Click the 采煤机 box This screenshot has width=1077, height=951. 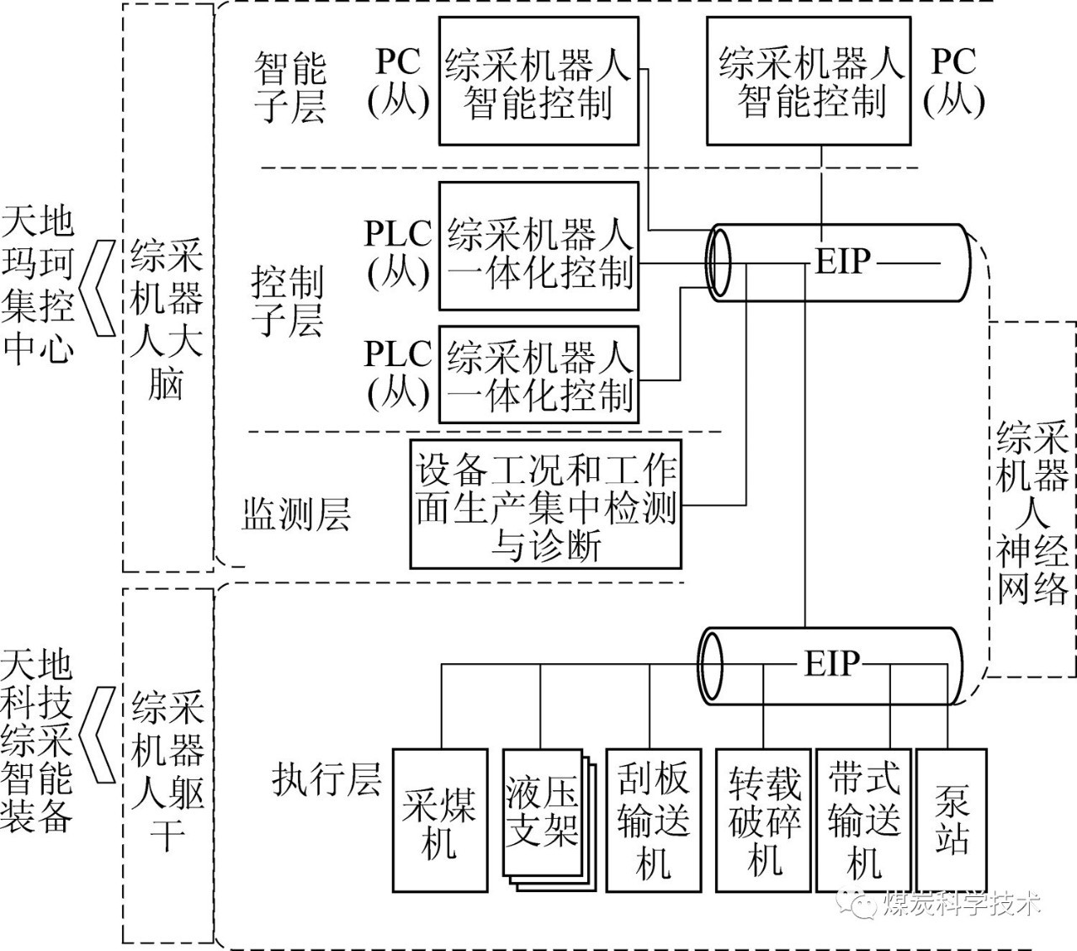click(x=440, y=820)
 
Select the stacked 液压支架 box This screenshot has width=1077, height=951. click(x=542, y=811)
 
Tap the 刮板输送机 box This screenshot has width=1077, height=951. click(x=653, y=820)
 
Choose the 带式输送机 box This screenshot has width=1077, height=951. click(x=864, y=820)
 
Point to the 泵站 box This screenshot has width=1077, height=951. click(x=952, y=820)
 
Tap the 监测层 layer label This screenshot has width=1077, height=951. click(x=295, y=514)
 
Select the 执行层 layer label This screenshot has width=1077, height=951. click(x=326, y=780)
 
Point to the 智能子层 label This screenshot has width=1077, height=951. click(x=289, y=88)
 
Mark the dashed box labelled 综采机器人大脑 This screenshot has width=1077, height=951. click(x=167, y=286)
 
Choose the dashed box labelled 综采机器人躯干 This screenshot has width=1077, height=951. click(x=167, y=766)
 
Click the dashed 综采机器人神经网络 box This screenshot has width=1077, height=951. click(x=1032, y=500)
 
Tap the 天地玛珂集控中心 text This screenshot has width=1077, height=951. click(x=38, y=286)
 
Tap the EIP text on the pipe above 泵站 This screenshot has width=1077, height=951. click(x=832, y=664)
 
